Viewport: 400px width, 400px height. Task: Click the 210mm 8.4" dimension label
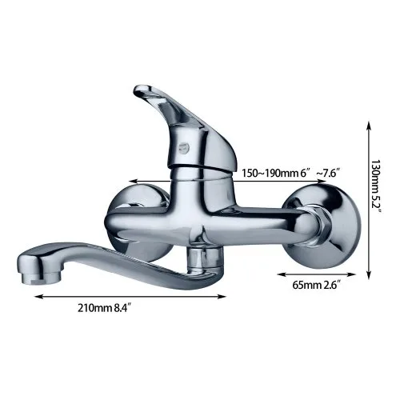105,308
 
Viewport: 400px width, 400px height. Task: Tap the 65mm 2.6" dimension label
317,285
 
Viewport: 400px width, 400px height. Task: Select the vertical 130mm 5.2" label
377,186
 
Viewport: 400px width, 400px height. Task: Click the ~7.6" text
329,173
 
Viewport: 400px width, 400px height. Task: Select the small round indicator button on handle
184,147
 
